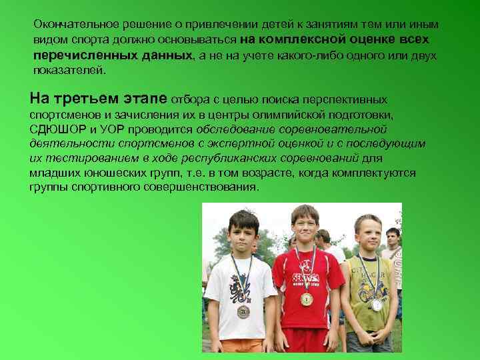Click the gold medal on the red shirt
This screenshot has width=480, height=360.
307,299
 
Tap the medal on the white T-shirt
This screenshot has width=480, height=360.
243,311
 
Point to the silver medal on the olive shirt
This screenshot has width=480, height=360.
377,305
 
